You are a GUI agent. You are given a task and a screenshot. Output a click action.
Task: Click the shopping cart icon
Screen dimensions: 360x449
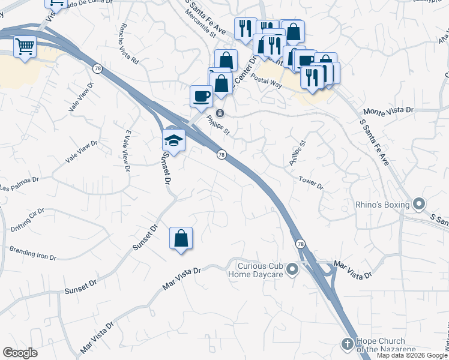click(25, 46)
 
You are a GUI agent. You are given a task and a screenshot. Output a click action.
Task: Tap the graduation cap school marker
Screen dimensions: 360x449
click(173, 140)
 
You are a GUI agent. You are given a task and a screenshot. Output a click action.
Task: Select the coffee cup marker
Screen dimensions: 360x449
click(201, 96)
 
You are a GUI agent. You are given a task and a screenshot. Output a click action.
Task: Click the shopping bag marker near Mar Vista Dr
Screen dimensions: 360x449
click(181, 238)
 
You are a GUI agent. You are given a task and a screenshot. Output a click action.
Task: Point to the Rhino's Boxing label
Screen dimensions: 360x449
click(381, 205)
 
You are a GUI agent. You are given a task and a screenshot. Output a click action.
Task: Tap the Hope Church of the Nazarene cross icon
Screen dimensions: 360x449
click(346, 344)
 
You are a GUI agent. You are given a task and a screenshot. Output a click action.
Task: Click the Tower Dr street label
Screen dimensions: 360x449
click(311, 183)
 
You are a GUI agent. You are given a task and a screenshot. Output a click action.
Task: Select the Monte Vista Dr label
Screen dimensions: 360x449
click(390, 111)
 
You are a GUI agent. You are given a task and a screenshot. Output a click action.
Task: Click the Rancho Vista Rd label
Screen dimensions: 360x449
click(129, 44)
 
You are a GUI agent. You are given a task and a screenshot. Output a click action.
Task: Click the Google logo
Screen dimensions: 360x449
click(20, 353)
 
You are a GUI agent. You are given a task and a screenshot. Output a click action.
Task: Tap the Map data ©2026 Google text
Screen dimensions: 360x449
click(412, 355)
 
